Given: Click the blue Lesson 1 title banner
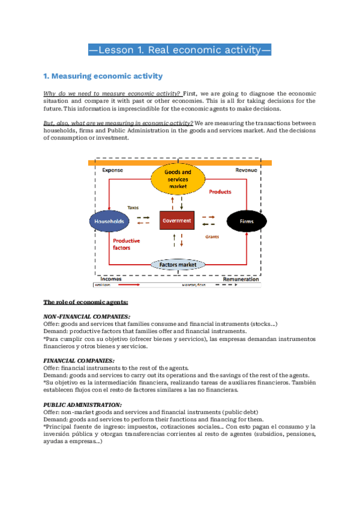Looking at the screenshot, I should point(180,50).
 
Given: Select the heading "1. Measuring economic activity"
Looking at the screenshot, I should point(103,76).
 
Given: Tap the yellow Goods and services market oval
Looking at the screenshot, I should point(178,179).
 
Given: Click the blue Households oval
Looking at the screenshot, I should point(109,222).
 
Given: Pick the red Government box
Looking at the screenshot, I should point(177,220).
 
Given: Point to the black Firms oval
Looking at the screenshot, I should point(247,221).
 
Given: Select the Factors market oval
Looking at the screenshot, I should point(178,264).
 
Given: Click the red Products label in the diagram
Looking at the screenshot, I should point(220,192).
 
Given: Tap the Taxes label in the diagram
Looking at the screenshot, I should point(133,208).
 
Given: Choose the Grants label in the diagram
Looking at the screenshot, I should point(212,236).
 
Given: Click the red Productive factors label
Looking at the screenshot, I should point(127,244).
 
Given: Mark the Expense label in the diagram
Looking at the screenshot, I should point(112,170).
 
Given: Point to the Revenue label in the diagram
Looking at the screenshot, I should point(246,170).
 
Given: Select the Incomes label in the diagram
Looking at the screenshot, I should point(111,279).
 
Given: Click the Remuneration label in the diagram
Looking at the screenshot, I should point(241,279).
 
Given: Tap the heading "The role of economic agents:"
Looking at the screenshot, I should point(85,302).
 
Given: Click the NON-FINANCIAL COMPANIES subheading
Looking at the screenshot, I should point(87,316).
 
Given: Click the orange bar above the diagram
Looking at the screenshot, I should point(180,163).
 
